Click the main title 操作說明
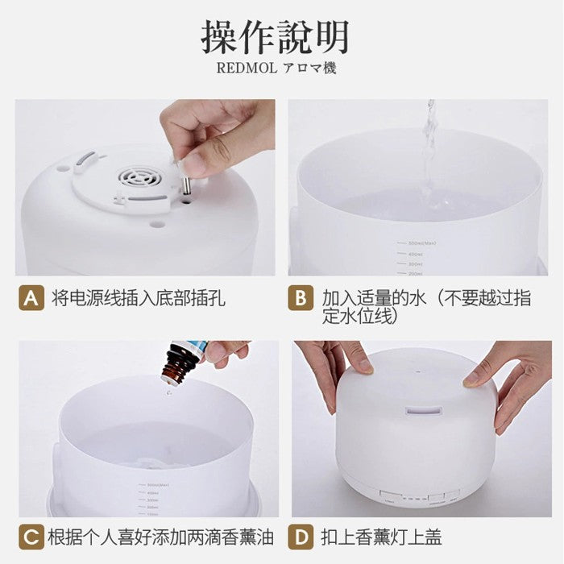click(x=276, y=37)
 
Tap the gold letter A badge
click(x=31, y=299)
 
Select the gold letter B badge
click(x=301, y=299)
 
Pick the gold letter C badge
click(x=31, y=537)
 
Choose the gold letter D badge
click(x=301, y=537)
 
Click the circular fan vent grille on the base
click(x=139, y=178)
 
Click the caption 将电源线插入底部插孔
click(x=139, y=299)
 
